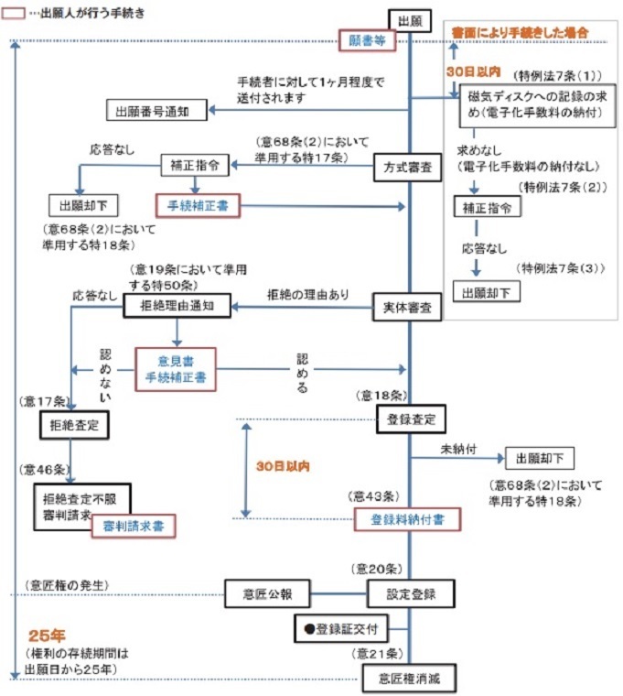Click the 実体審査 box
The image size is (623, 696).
pos(408,309)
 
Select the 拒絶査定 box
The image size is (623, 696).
pos(74,425)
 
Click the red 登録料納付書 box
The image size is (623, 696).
pos(406,519)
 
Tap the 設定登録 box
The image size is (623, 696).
pos(412,593)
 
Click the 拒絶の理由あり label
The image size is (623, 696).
pos(307,295)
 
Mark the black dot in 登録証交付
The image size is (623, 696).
pos(308,630)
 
